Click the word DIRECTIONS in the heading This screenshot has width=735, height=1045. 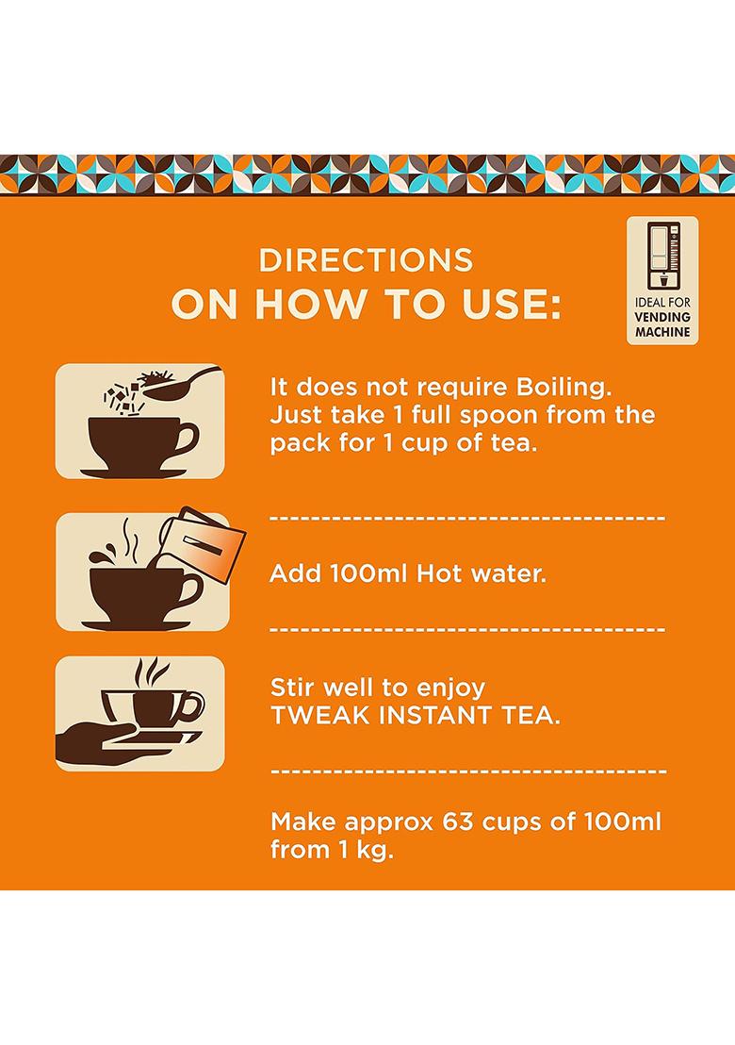[x=366, y=259]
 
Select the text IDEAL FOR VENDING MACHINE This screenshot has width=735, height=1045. [x=662, y=318]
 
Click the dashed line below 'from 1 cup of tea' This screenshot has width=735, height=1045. [x=467, y=518]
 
